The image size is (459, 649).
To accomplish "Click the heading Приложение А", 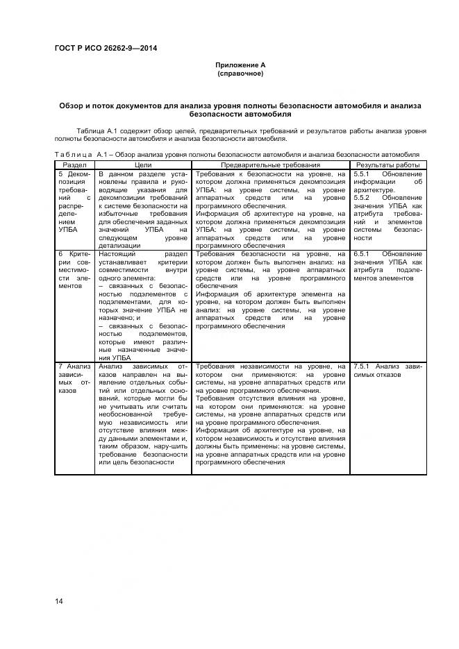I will click(240, 65).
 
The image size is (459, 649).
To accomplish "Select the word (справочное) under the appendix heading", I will click(240, 73).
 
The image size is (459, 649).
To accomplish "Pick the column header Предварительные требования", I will click(270, 165).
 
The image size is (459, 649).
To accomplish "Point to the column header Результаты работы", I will click(388, 165).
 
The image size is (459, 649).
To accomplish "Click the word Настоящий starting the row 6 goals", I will click(116, 254).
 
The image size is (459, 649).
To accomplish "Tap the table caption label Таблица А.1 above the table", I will click(74, 154).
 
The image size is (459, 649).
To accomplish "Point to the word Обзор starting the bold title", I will click(72, 105).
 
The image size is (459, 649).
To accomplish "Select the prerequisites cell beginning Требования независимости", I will click(270, 414).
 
